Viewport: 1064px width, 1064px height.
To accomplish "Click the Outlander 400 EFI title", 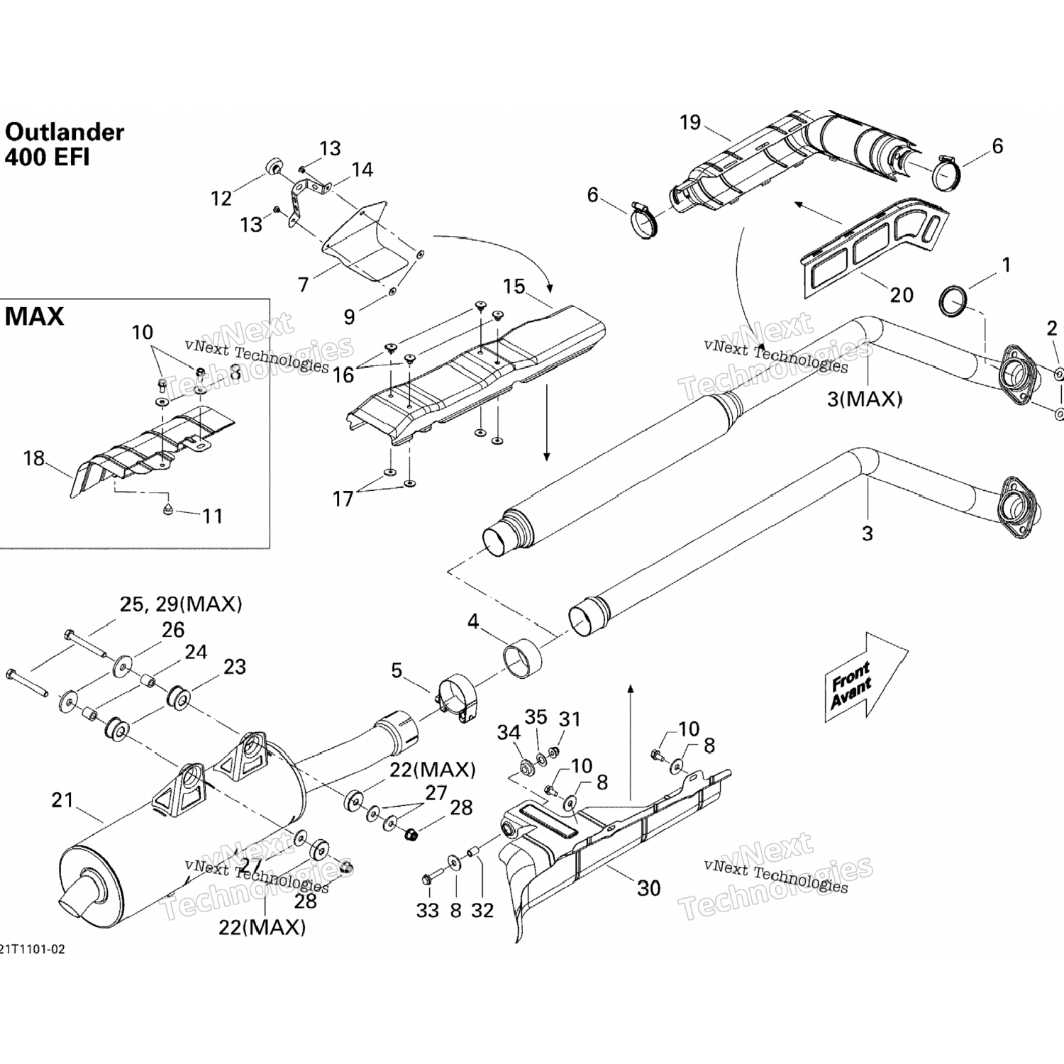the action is click(x=64, y=144).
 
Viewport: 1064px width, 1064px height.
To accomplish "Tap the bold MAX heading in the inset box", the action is click(x=34, y=316).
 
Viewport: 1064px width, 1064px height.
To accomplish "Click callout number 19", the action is click(x=689, y=123).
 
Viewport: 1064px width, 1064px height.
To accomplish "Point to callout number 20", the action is click(x=901, y=294).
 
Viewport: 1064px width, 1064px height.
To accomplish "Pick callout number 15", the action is click(x=514, y=287).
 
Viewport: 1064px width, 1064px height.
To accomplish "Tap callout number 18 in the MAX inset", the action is click(x=34, y=458).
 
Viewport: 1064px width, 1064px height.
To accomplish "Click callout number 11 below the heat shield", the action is click(x=212, y=516).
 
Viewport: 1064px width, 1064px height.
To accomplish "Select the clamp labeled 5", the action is click(x=456, y=699).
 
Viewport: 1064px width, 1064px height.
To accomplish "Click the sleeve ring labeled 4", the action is click(x=522, y=660).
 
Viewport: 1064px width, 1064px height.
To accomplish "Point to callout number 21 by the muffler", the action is click(x=62, y=800).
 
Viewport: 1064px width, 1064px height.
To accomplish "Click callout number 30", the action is click(x=648, y=888).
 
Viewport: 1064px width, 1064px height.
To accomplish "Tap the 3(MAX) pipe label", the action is click(x=864, y=399).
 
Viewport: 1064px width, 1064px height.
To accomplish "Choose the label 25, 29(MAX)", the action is click(x=180, y=604).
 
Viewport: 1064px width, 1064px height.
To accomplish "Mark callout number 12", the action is click(x=221, y=198).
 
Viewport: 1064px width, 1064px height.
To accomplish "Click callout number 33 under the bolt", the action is click(x=427, y=910).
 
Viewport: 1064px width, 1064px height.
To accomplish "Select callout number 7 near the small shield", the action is click(x=304, y=284).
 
